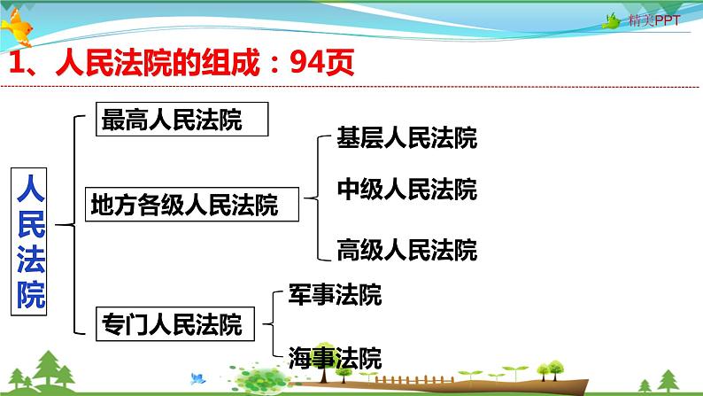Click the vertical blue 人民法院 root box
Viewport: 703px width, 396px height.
tap(31, 239)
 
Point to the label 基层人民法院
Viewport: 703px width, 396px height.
tap(406, 138)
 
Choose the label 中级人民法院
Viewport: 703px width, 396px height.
tap(406, 190)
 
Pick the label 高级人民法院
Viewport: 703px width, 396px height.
tap(406, 250)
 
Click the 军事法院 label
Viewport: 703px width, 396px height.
tap(335, 295)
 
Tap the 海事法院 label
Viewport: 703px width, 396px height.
tap(335, 359)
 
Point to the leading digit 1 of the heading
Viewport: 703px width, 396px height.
tap(15, 63)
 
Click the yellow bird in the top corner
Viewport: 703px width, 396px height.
tap(20, 31)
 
